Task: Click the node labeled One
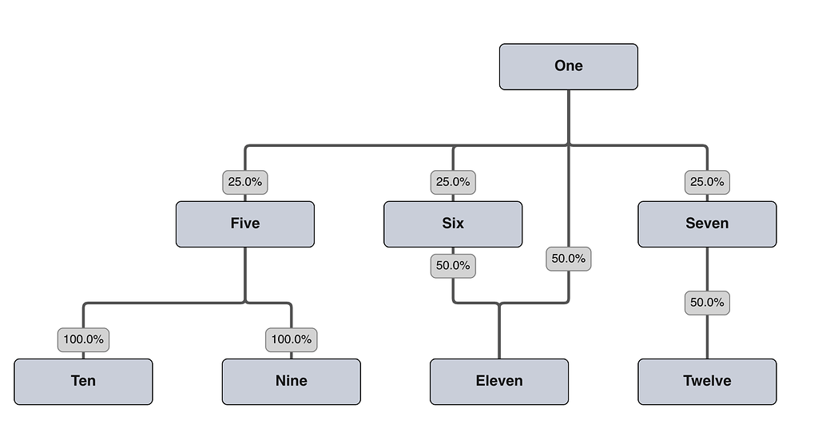click(x=568, y=66)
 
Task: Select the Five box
click(x=244, y=224)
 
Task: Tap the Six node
click(x=452, y=224)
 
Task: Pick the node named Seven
click(x=706, y=224)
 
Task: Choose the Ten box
click(x=83, y=381)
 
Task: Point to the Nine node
click(x=291, y=381)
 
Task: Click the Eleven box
click(x=499, y=381)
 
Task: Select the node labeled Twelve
click(x=706, y=381)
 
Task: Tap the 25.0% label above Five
click(x=244, y=182)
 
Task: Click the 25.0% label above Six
click(x=453, y=182)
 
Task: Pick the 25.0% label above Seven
click(x=706, y=182)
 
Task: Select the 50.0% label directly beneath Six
click(x=453, y=265)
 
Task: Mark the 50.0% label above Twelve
click(x=706, y=303)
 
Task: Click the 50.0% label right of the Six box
click(x=569, y=259)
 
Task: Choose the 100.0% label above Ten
click(x=83, y=339)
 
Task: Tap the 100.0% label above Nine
click(x=291, y=339)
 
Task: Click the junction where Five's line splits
click(x=244, y=303)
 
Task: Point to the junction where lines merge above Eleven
click(x=499, y=303)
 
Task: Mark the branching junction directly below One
click(x=568, y=145)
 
